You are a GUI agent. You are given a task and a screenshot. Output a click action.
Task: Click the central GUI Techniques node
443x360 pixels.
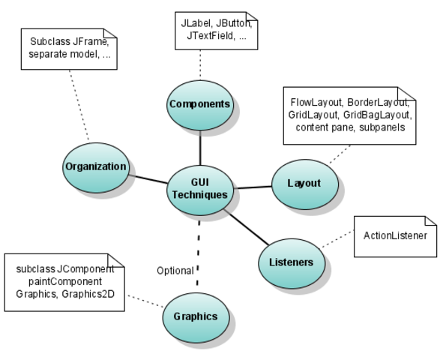pos(199,187)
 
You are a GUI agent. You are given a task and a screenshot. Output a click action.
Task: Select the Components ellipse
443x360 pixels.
pos(199,104)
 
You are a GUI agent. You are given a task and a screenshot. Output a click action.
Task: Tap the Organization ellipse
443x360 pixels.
pos(95,166)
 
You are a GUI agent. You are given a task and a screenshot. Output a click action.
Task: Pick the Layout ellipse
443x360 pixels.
pos(304,184)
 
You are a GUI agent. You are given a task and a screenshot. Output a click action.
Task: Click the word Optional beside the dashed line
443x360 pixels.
pos(175,270)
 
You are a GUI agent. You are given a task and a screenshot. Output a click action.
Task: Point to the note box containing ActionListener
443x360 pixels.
pos(395,236)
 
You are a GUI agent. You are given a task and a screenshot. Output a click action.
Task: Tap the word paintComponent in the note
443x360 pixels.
pos(51,281)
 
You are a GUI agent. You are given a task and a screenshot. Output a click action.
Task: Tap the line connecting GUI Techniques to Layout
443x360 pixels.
pos(252,187)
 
